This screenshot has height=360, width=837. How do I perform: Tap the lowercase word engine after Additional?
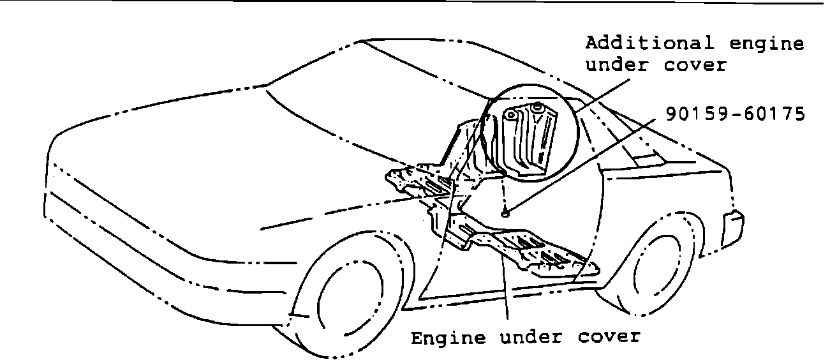coord(767,44)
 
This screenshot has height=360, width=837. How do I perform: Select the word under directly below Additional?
coord(615,65)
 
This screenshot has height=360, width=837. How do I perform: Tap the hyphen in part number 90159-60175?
coord(736,115)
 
